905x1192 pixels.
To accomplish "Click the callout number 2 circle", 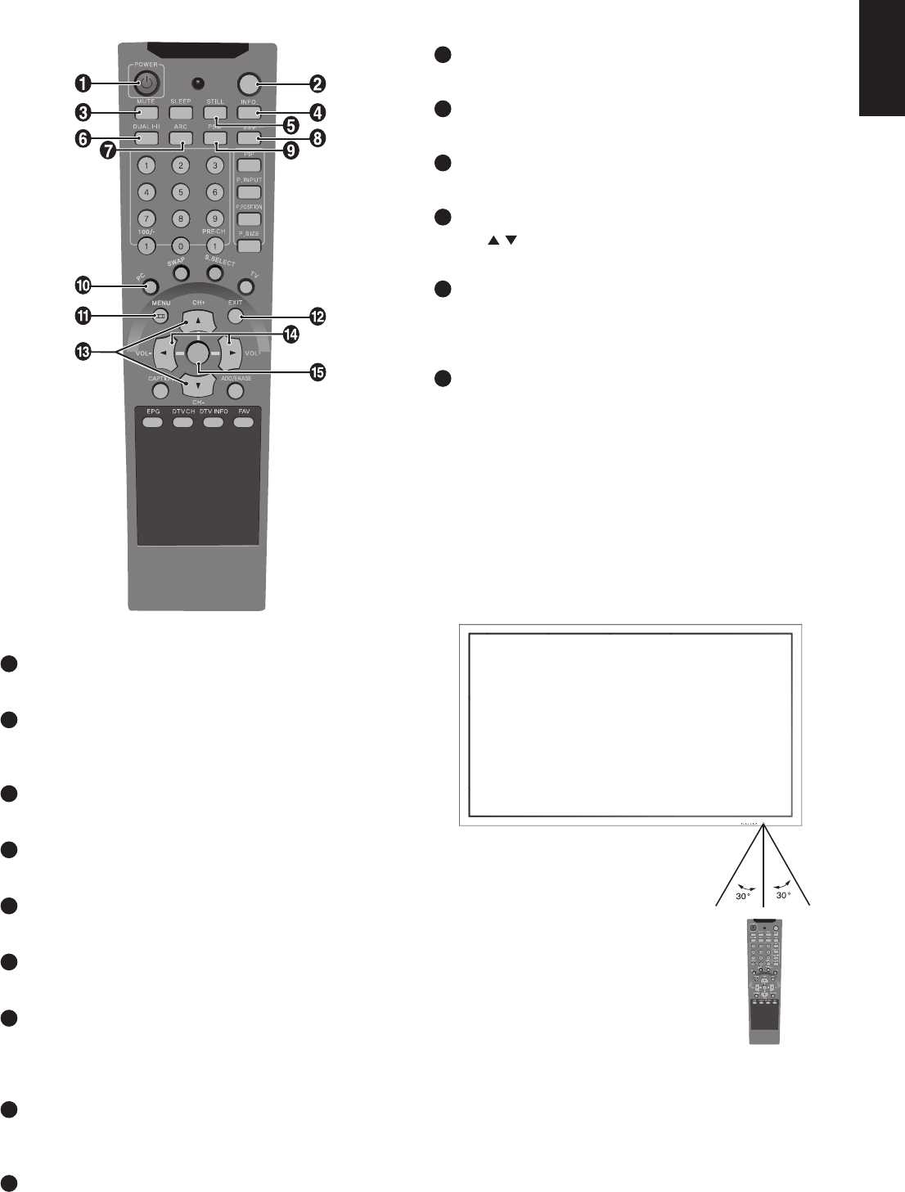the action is tap(317, 83).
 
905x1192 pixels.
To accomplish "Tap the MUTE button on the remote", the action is tap(146, 112).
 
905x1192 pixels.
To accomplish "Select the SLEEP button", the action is tap(180, 112).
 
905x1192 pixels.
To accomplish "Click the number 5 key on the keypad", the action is tap(180, 192).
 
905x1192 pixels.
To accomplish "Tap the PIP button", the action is tap(249, 166).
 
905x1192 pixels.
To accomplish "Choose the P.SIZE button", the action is tap(249, 245).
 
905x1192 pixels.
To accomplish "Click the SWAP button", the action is tap(180, 273).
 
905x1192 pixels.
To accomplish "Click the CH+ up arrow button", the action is tap(198, 321).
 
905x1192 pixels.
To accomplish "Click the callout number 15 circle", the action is tap(317, 372).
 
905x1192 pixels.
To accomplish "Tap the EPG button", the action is tap(151, 422).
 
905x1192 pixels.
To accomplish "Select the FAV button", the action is tap(244, 422).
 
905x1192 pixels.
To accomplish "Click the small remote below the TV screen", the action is tap(763, 982).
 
